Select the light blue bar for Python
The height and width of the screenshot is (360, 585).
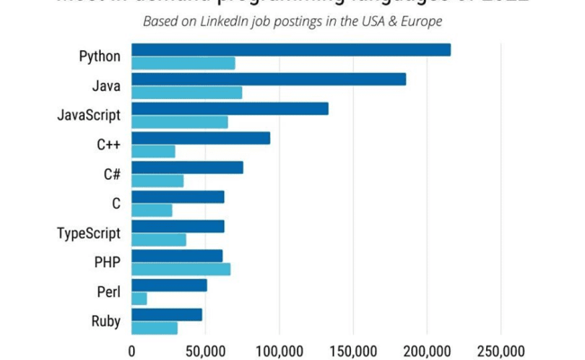[184, 63]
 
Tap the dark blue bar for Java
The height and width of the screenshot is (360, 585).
[268, 79]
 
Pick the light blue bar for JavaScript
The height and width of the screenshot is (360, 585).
[180, 122]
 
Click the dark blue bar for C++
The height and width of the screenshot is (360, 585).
[201, 138]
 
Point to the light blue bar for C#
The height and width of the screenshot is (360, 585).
[157, 181]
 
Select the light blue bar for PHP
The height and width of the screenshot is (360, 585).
[181, 269]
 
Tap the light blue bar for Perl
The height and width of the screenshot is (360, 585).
[139, 298]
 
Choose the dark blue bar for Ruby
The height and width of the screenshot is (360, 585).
[167, 314]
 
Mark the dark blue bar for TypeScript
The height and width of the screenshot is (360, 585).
[178, 226]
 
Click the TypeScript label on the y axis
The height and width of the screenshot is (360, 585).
[88, 233]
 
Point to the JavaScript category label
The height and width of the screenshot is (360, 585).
[88, 115]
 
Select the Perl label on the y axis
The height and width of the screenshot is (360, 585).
[108, 292]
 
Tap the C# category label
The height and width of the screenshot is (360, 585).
[112, 174]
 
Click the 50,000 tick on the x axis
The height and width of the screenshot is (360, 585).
[205, 349]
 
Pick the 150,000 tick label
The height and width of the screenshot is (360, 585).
[353, 349]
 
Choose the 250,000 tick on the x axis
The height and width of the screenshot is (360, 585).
[499, 349]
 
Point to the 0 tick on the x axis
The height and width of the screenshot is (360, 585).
[132, 349]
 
